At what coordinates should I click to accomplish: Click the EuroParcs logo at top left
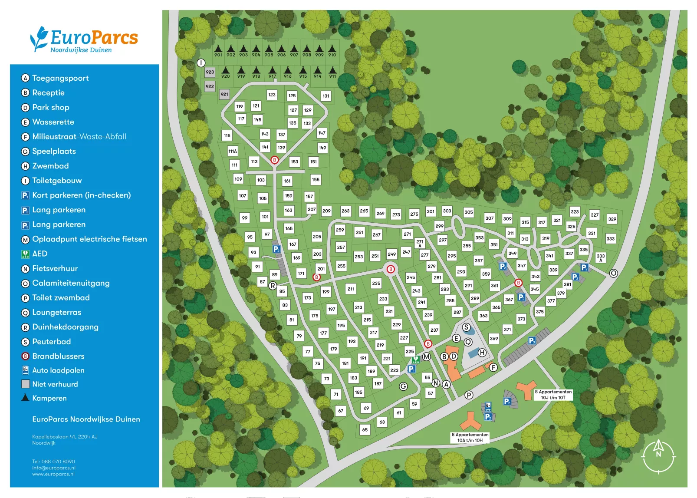[x=84, y=40]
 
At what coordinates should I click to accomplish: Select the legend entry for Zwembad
[x=50, y=166]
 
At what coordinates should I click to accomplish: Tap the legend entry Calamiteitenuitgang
[x=71, y=283]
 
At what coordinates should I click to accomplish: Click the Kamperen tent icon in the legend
[x=26, y=397]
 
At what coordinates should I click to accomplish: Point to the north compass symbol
[x=658, y=455]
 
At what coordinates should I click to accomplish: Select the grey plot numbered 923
[x=210, y=72]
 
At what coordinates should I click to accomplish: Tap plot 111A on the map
[x=233, y=151]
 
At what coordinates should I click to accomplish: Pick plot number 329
[x=612, y=219]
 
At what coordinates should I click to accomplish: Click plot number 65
[x=365, y=429]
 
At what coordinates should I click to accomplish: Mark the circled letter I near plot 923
[x=201, y=63]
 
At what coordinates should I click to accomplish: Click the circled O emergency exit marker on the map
[x=613, y=273]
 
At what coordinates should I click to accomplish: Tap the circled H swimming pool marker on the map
[x=482, y=353]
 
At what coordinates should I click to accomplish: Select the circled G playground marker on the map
[x=403, y=386]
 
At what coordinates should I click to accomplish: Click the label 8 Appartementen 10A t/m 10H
[x=470, y=437]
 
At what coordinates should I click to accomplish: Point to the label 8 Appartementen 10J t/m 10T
[x=553, y=394]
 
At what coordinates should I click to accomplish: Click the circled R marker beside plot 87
[x=273, y=285]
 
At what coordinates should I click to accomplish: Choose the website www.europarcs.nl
[x=53, y=474]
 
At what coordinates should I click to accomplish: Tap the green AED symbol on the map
[x=416, y=359]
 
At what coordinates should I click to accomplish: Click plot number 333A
[x=601, y=258]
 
